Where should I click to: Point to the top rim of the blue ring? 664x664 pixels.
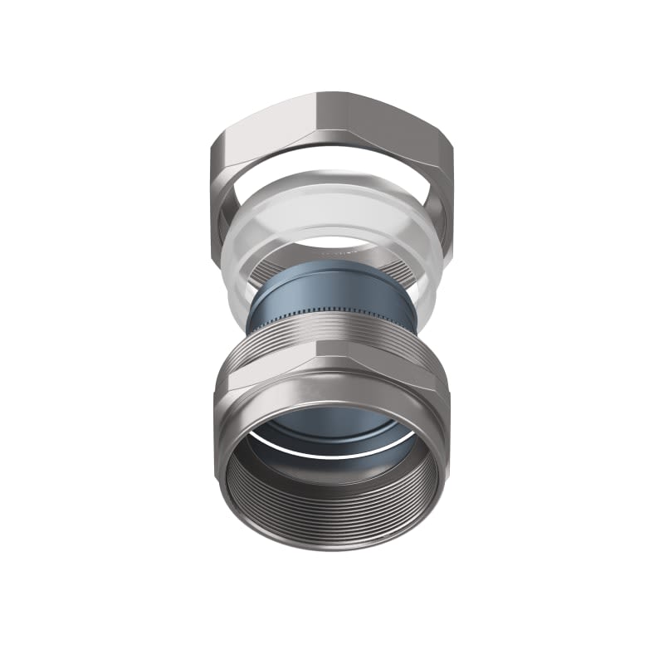tap(332, 267)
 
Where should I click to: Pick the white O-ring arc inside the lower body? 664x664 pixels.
tap(332, 453)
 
